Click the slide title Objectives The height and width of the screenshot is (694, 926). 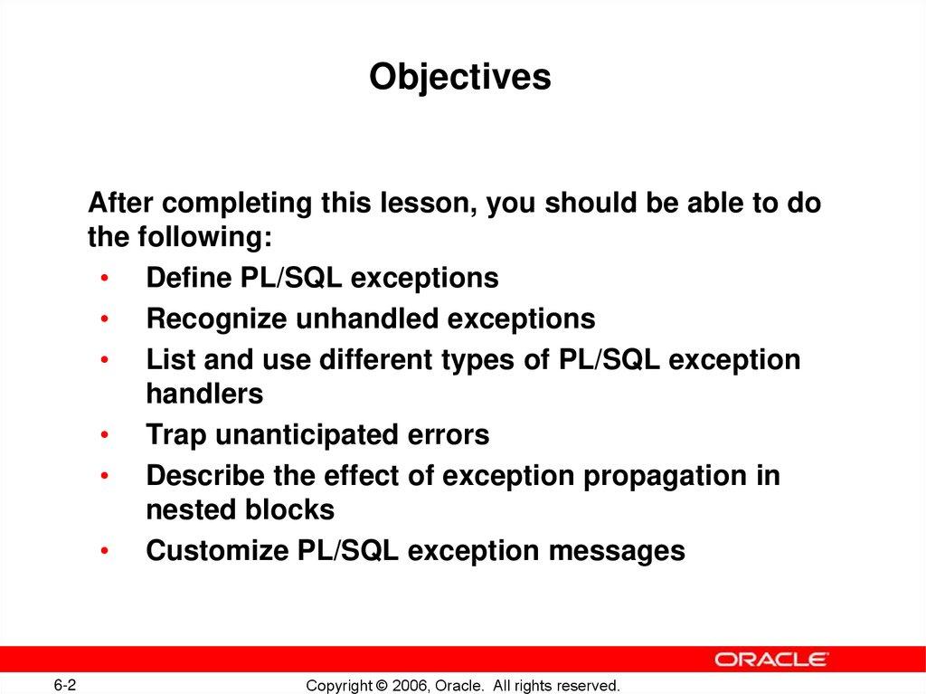460,78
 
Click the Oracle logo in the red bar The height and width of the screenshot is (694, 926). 771,659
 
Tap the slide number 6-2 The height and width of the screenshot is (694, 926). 64,685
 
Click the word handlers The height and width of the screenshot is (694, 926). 204,394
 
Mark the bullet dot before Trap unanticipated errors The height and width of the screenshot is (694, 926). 106,436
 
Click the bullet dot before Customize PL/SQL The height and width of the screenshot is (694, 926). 106,552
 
